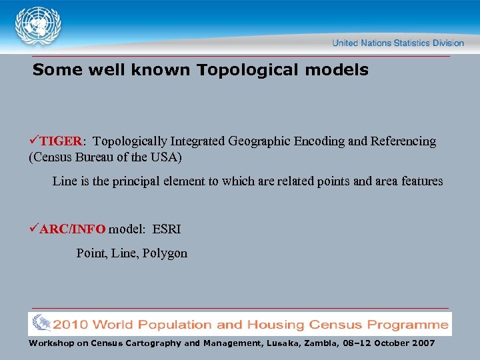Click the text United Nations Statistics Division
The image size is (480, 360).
click(x=398, y=43)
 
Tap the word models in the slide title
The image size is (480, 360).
click(x=339, y=70)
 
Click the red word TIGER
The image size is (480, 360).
click(x=61, y=141)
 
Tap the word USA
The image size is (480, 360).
click(x=167, y=159)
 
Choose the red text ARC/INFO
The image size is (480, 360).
click(x=72, y=229)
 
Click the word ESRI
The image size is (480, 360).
click(x=167, y=229)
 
